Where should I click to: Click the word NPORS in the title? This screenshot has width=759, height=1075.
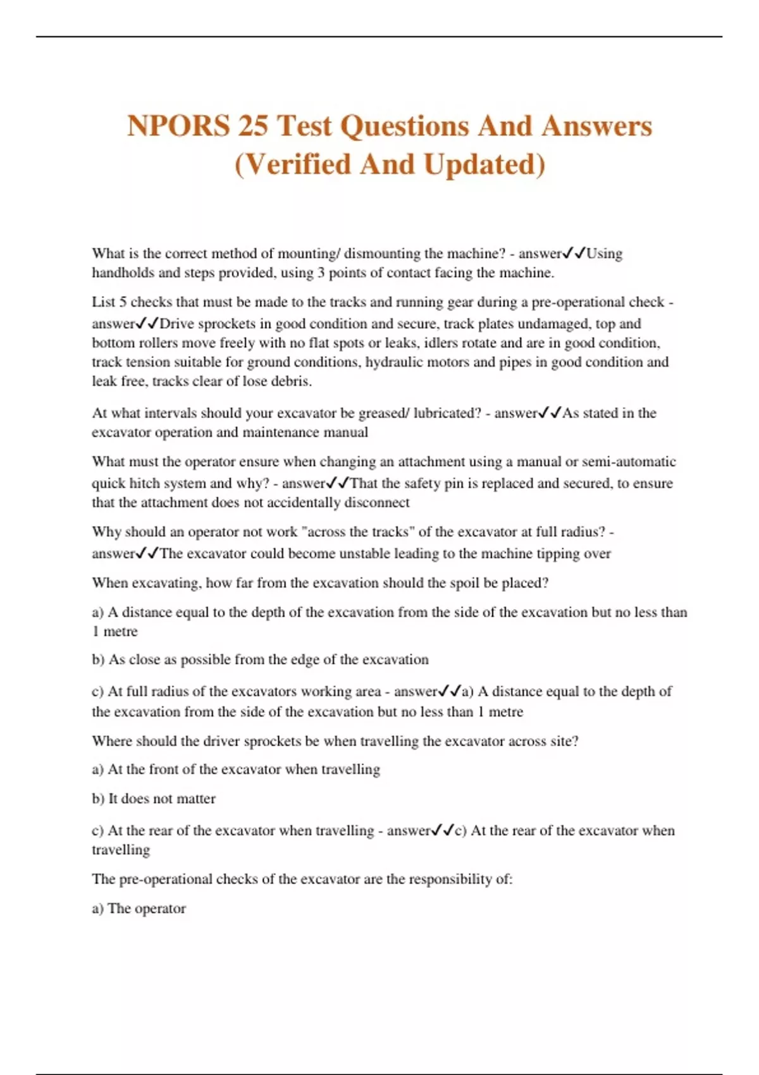pos(178,126)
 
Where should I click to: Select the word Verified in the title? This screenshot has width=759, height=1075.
pos(297,164)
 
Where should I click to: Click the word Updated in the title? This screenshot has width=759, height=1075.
pos(484,164)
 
